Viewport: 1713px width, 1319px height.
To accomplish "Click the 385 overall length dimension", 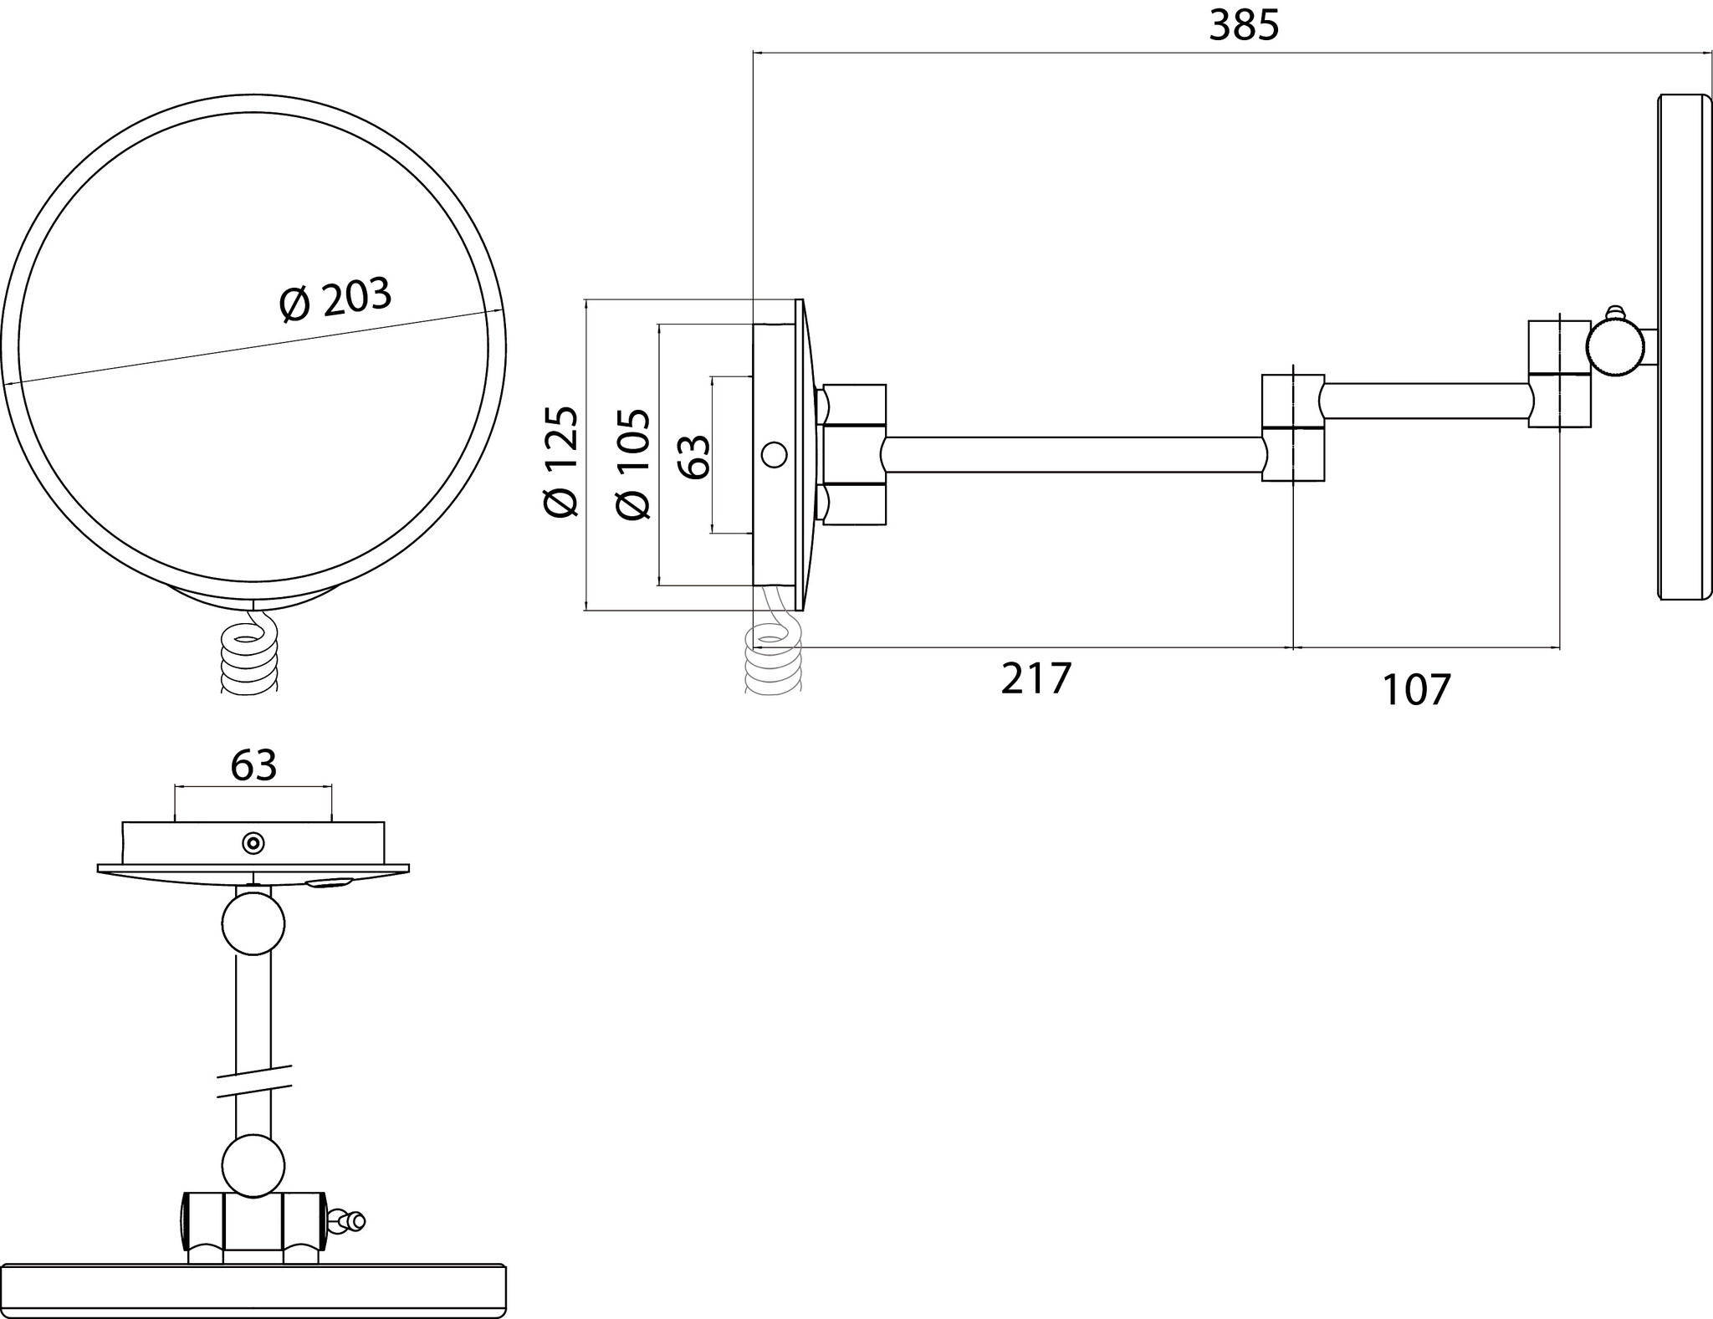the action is coord(1244,27).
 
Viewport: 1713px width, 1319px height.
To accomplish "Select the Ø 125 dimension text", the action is coord(561,461).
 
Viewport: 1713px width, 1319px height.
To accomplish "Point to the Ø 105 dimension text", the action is coord(632,464).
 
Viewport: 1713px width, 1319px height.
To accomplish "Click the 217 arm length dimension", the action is coord(1035,678).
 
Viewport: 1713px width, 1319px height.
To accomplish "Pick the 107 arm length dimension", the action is coord(1416,691).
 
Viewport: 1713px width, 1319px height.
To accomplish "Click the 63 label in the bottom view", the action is coord(253,764).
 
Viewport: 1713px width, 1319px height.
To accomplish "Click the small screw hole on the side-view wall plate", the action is coord(774,455).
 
